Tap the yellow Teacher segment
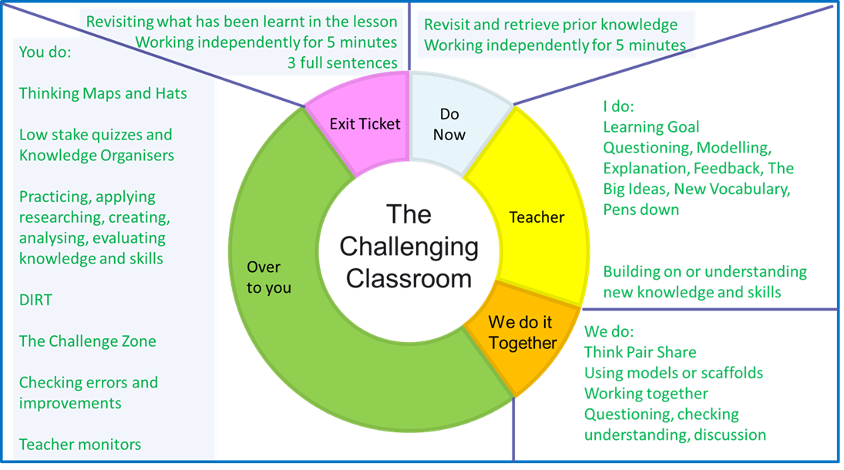[x=536, y=217]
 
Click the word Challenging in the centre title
[x=409, y=247]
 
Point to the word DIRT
[x=35, y=300]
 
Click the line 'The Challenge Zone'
[x=87, y=341]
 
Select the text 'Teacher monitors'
[x=80, y=445]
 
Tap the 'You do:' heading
[x=45, y=52]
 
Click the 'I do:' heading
[x=618, y=106]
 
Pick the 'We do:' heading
[x=609, y=332]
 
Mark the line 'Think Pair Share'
[x=640, y=353]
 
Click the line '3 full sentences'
[x=342, y=63]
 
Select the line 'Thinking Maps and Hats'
[x=103, y=93]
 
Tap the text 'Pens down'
[x=641, y=210]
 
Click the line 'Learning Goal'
[x=651, y=127]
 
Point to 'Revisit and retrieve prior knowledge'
[x=550, y=25]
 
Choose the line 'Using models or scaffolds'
[x=673, y=374]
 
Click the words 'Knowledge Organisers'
[x=96, y=155]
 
